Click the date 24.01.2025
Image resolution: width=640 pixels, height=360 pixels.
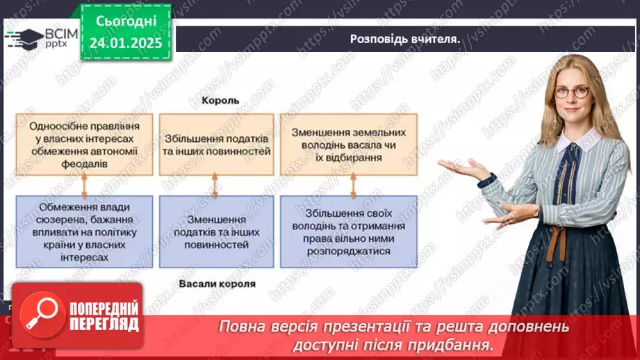126,43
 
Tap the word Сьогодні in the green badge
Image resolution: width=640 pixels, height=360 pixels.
126,22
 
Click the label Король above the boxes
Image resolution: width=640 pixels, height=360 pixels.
220,100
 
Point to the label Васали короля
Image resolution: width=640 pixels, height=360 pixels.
217,284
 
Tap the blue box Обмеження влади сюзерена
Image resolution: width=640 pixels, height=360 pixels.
83,232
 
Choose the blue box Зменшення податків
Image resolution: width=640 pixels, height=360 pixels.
215,232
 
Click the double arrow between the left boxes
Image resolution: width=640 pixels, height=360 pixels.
84,186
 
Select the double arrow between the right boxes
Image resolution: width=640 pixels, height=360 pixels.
350,186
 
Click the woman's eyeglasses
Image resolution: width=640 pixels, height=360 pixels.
573,92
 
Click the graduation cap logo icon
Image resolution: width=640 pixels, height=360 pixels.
24,38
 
